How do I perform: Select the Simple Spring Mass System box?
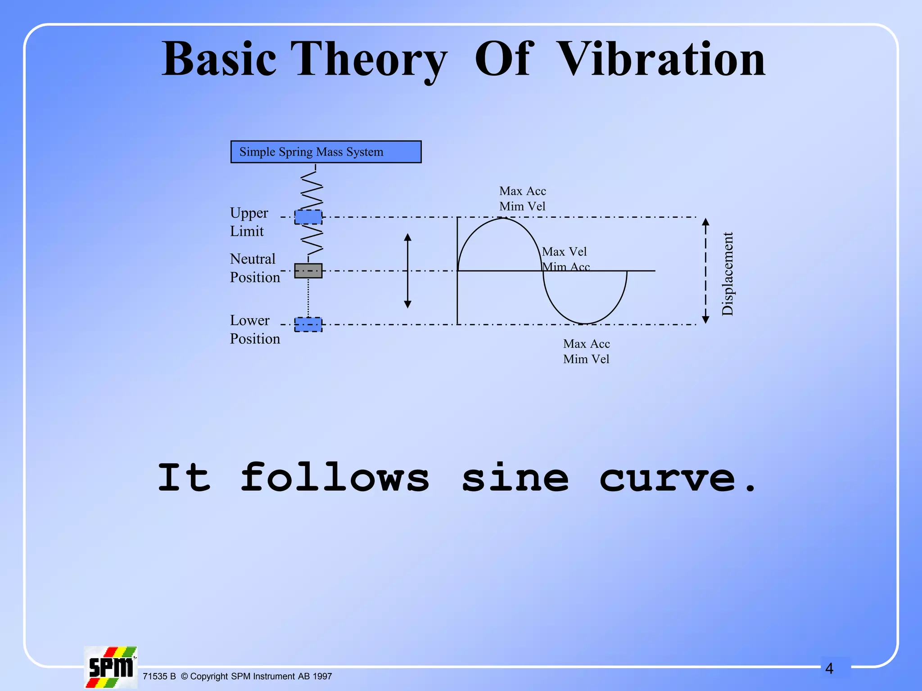[x=326, y=152]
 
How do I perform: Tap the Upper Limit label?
[x=249, y=222]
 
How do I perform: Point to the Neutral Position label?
[x=254, y=268]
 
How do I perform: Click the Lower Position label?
[x=254, y=329]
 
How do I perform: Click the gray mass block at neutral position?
[x=308, y=271]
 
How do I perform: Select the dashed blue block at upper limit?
[x=308, y=217]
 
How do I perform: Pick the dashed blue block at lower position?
[x=308, y=324]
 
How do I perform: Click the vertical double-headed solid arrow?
[x=407, y=271]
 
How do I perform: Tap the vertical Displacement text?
[x=728, y=274]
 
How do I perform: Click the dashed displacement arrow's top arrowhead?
[x=705, y=221]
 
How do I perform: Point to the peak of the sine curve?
[x=502, y=218]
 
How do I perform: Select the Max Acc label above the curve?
[x=522, y=191]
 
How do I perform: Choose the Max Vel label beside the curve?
[x=564, y=251]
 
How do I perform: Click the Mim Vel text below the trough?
[x=586, y=359]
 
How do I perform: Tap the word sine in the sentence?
[x=515, y=478]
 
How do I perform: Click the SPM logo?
[x=110, y=667]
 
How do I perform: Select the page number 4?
[x=829, y=669]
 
